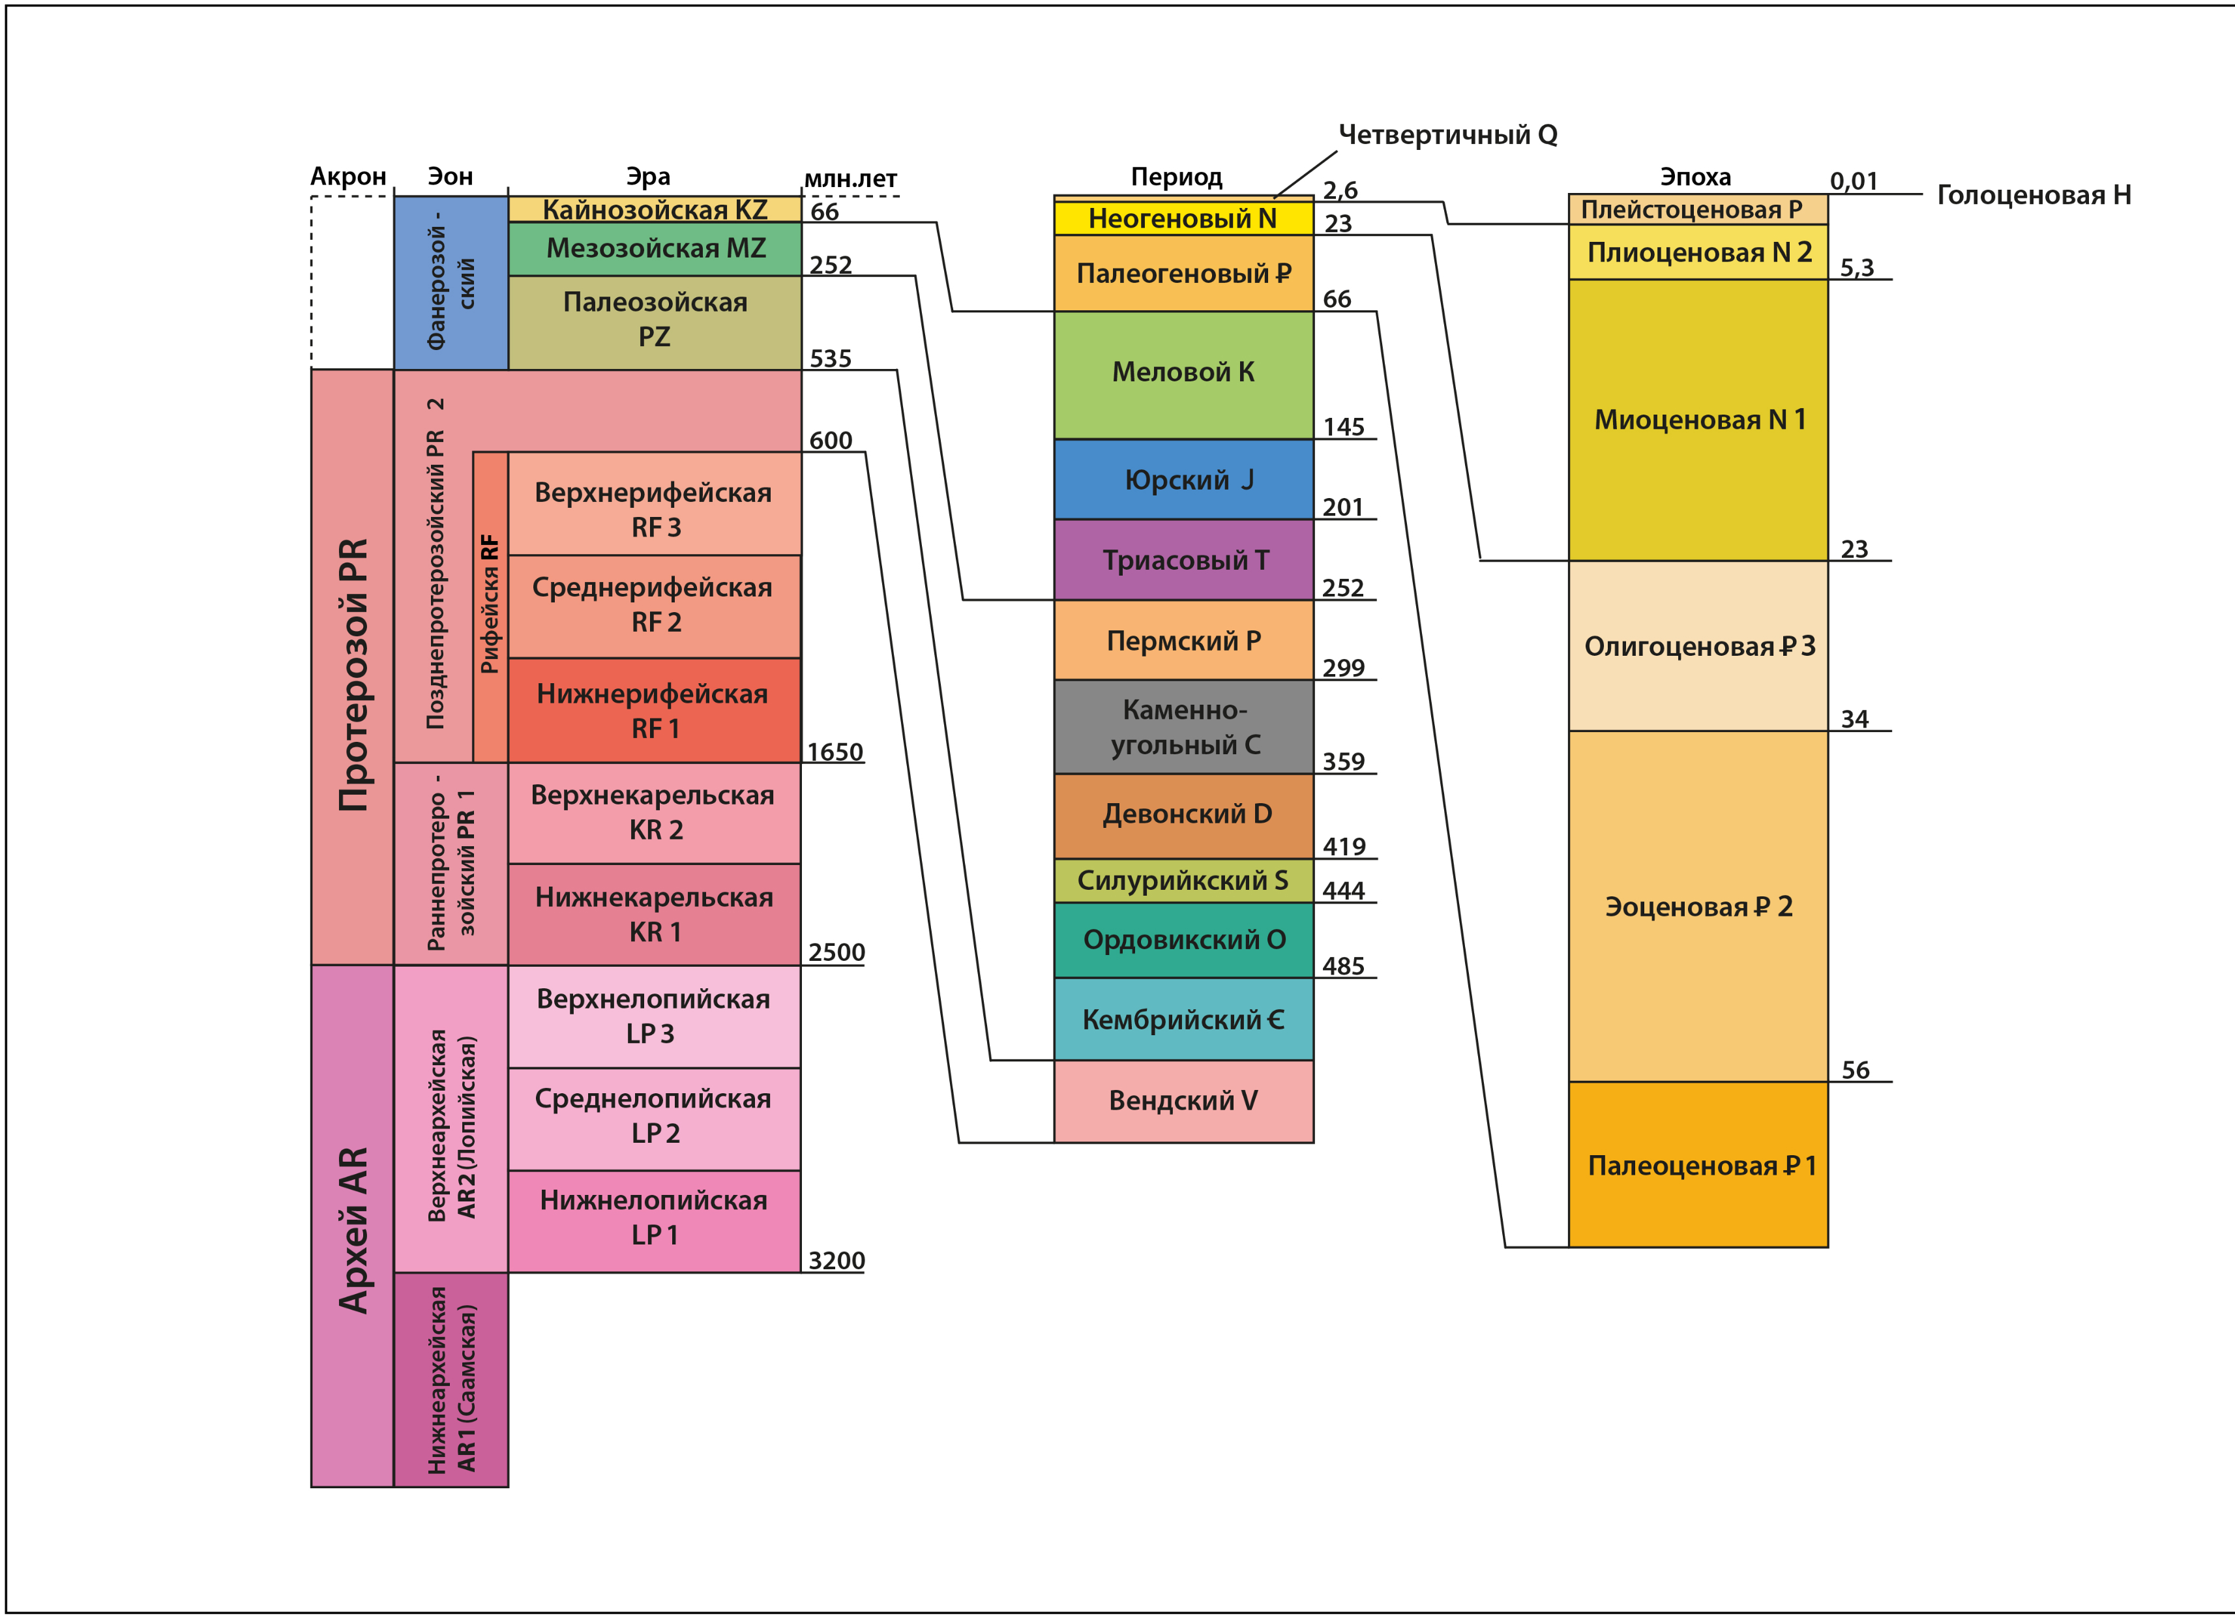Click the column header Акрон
348,177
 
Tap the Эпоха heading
1695,177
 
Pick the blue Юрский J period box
1183,480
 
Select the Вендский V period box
1183,1100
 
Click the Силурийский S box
1183,880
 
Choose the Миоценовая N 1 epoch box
1698,420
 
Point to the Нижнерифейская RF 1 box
655,711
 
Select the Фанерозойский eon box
451,284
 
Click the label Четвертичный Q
1447,135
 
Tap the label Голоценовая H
2033,195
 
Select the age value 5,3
1857,268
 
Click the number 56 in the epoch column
1855,1070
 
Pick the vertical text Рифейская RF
490,604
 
